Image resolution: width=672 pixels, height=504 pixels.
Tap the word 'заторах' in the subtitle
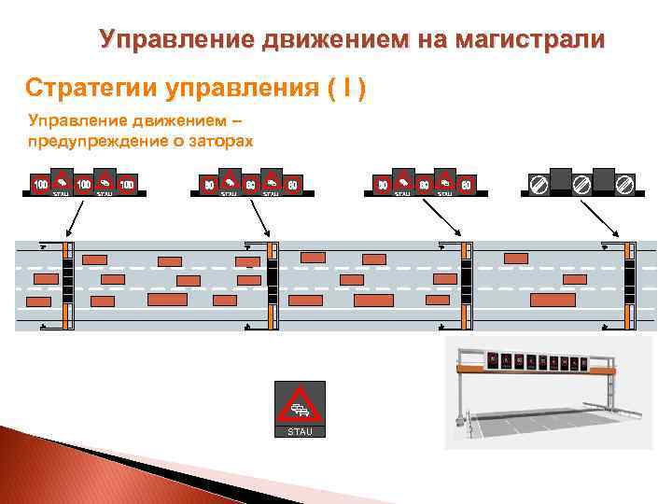coord(219,141)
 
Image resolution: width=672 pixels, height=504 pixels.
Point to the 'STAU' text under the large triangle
coord(300,432)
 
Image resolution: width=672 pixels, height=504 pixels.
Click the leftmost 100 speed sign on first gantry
coord(41,185)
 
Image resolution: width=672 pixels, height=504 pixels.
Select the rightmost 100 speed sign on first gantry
coord(127,185)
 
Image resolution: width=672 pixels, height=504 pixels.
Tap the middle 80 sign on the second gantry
coord(250,185)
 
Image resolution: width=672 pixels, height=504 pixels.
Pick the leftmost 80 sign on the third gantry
coord(383,185)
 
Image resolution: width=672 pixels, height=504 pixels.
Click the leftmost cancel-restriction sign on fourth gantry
coord(538,185)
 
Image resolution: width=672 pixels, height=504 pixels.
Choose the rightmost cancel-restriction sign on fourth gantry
coord(625,185)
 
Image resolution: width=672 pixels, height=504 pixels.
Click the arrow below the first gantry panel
coord(75,219)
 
